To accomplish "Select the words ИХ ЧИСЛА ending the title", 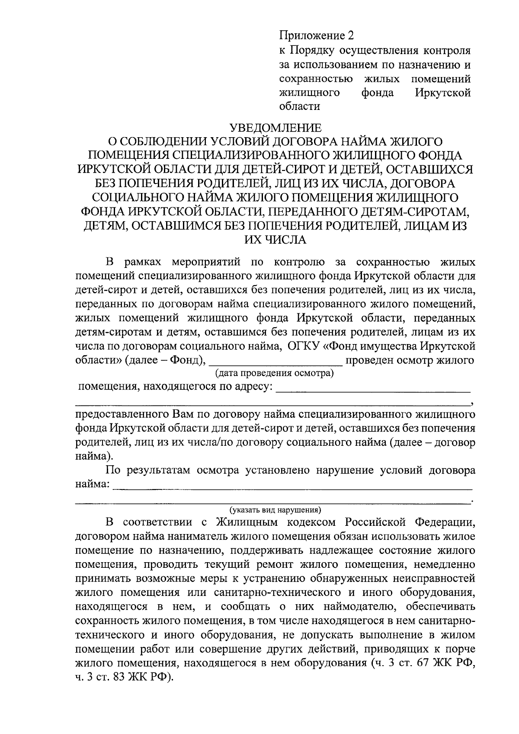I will (x=275, y=239).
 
